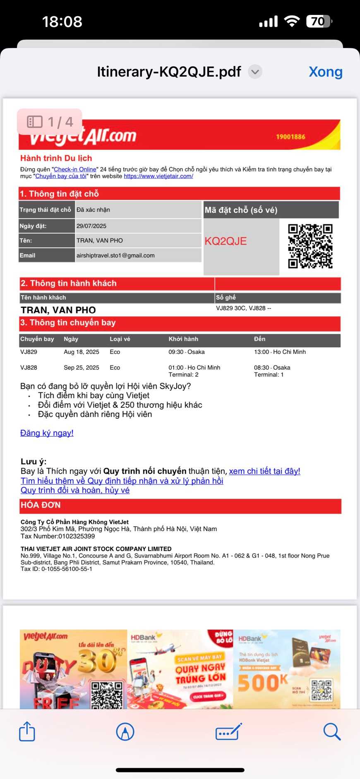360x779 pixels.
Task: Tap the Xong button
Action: tap(325, 72)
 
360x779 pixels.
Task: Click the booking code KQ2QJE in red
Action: tap(226, 241)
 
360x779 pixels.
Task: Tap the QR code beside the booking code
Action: tap(310, 246)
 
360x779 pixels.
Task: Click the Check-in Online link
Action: tap(75, 169)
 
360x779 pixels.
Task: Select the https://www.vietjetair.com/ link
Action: tap(158, 176)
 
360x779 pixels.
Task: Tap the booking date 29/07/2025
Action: tap(91, 226)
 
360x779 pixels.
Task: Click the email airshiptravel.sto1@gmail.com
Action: tap(115, 255)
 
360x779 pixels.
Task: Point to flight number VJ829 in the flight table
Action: tap(29, 352)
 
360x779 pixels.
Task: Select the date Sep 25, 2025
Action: tap(82, 368)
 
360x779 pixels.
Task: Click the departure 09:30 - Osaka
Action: tap(187, 352)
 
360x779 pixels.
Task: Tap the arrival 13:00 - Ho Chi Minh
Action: tap(280, 352)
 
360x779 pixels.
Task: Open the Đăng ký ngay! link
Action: tap(47, 433)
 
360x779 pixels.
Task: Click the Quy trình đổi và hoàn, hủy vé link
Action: tap(75, 490)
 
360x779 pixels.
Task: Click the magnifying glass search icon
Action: tap(331, 731)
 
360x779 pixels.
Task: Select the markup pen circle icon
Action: tap(125, 731)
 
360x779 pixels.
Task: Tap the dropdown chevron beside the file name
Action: tap(255, 72)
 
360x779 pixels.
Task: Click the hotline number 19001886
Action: tap(290, 137)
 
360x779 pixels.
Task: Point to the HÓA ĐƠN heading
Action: tap(41, 505)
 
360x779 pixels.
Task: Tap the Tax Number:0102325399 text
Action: tap(58, 536)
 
